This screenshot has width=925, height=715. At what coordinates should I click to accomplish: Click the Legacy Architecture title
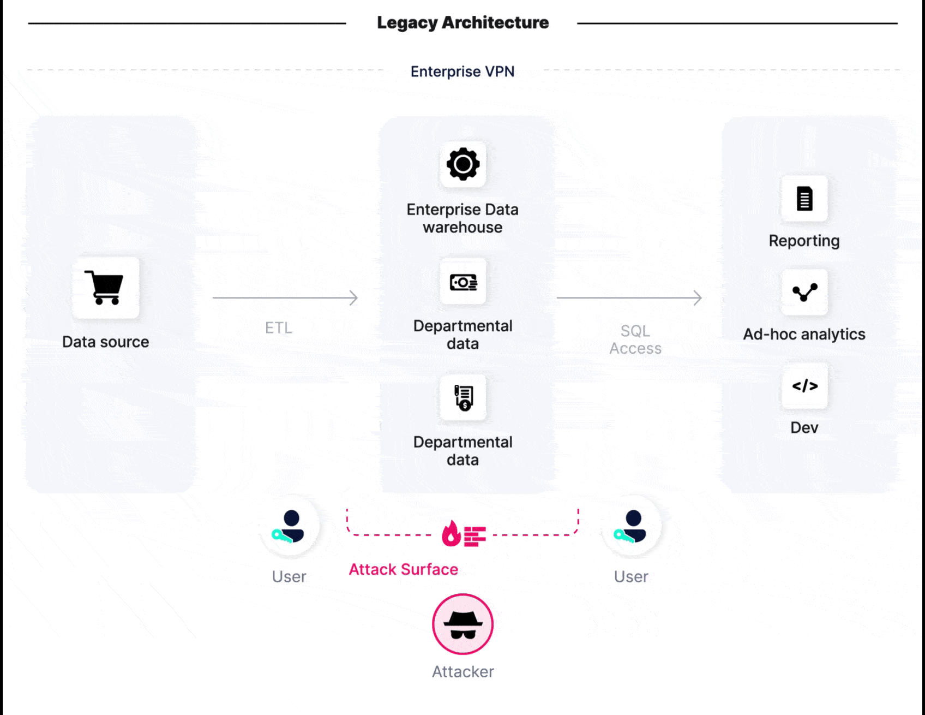click(x=463, y=23)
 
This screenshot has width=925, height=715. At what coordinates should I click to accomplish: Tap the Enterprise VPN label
click(x=462, y=71)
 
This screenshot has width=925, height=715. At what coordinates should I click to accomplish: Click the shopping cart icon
click(x=105, y=287)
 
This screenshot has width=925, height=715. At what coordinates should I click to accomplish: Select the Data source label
click(x=105, y=342)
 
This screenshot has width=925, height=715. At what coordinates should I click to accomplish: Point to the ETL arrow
click(x=285, y=298)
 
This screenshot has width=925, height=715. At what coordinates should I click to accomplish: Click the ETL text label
click(x=279, y=327)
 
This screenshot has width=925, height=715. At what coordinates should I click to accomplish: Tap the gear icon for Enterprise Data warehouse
click(x=463, y=164)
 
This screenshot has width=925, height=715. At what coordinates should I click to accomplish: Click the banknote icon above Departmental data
click(x=463, y=282)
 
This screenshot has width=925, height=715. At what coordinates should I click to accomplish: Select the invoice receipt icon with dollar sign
click(x=463, y=397)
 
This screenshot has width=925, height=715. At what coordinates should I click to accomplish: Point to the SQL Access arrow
click(x=629, y=298)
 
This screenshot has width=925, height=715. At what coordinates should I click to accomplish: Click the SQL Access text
click(x=635, y=339)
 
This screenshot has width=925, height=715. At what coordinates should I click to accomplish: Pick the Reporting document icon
click(x=804, y=199)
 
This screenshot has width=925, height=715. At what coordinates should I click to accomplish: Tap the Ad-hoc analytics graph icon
click(x=804, y=293)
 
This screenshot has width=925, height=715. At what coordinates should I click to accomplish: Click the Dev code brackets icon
click(x=804, y=386)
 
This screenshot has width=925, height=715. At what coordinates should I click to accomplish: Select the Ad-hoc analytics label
click(x=804, y=334)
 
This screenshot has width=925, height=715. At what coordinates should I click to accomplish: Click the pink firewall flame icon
click(x=463, y=534)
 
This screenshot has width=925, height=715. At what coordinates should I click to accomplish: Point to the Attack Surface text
click(x=403, y=569)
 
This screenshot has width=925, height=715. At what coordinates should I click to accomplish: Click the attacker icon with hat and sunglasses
click(x=463, y=624)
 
